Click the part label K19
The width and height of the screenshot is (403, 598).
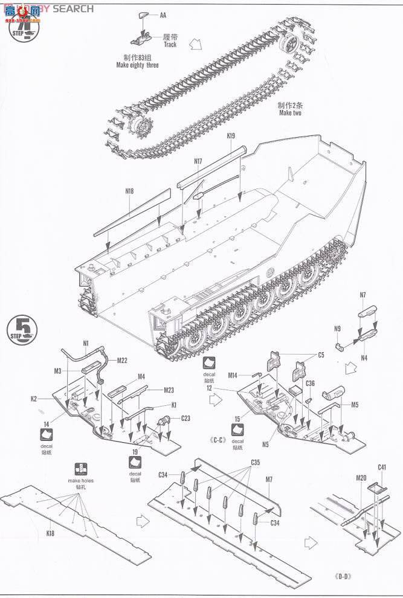[x=231, y=137]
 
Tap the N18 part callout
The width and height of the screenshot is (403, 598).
[x=129, y=191]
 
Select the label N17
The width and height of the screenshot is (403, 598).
[x=198, y=161]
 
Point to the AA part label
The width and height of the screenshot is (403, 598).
[x=163, y=15]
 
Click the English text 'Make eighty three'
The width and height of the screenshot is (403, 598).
[x=138, y=65]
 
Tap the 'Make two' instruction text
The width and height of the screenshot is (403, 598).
[x=290, y=113]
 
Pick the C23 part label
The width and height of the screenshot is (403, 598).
[x=185, y=418]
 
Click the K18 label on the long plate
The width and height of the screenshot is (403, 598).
[x=50, y=534]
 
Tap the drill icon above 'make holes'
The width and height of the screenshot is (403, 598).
[x=80, y=469]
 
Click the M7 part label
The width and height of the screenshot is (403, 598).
[x=269, y=479]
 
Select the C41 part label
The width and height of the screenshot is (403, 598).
[x=381, y=467]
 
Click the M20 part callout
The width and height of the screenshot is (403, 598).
[x=361, y=478]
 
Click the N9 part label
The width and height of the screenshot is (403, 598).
[x=338, y=329]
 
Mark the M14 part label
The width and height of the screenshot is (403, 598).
[x=233, y=375]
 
